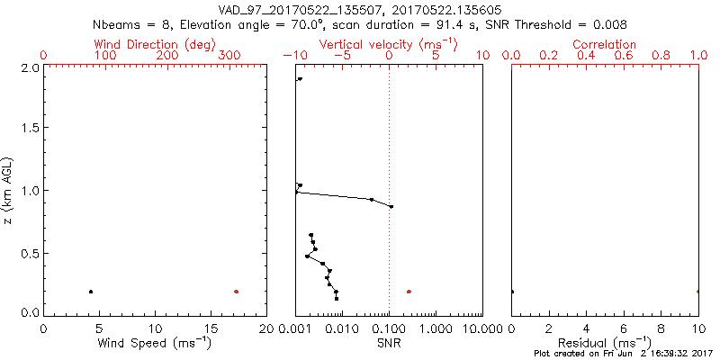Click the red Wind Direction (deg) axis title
155,44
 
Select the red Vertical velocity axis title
389,44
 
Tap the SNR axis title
389,343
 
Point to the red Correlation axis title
605,44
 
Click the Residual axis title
605,343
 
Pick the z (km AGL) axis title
10,189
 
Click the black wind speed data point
91,292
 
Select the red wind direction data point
237,292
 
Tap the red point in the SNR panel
409,292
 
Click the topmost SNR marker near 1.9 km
300,79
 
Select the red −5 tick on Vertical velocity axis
341,57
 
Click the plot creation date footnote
620,355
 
